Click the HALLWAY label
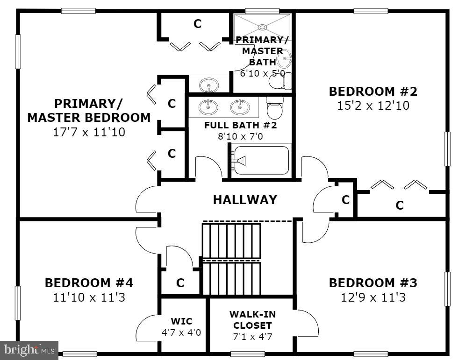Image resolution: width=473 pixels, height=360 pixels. click(245, 200)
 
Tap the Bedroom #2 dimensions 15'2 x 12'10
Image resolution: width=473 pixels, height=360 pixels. click(373, 106)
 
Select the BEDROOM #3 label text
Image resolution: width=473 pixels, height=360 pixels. click(373, 283)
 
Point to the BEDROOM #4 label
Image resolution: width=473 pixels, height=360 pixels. click(89, 283)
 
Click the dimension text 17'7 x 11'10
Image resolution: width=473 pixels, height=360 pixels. click(89, 132)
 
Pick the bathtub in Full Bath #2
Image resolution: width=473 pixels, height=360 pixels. click(261, 161)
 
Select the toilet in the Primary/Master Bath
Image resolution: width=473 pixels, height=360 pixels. click(279, 81)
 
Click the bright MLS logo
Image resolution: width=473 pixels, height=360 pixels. click(29, 349)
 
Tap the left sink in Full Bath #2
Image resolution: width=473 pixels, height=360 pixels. click(208, 107)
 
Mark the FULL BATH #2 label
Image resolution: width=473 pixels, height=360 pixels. click(240, 125)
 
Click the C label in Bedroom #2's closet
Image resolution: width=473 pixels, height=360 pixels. click(400, 205)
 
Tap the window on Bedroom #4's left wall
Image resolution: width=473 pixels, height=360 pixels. click(18, 303)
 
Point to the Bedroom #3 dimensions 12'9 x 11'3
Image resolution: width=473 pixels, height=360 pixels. click(373, 297)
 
